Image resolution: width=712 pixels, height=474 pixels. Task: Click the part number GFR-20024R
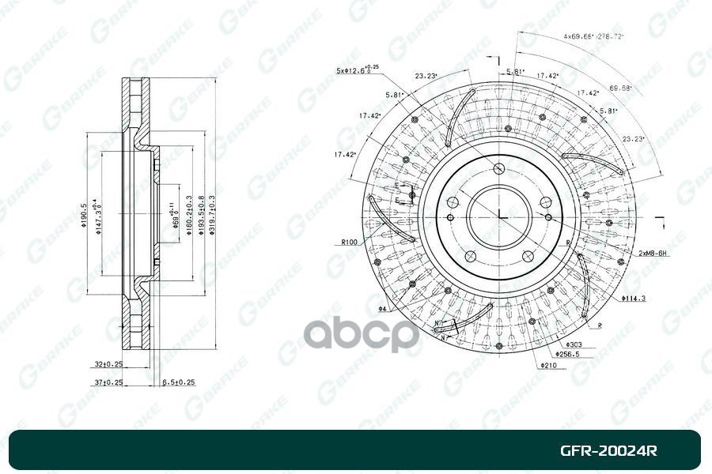click(x=608, y=452)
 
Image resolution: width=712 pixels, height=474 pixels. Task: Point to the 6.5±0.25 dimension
click(x=178, y=382)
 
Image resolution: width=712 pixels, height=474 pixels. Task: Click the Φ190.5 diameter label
click(x=84, y=213)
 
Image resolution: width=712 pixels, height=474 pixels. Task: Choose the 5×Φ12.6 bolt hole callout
click(x=357, y=70)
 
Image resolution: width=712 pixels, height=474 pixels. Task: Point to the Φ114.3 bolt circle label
click(x=634, y=299)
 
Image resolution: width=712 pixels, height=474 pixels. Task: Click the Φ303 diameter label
click(x=574, y=345)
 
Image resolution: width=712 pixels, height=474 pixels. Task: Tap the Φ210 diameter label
click(x=550, y=366)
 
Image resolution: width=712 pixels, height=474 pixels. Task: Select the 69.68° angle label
click(x=620, y=88)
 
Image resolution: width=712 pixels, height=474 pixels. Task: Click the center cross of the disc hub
click(x=498, y=212)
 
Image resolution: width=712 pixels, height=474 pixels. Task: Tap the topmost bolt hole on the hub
click(x=498, y=168)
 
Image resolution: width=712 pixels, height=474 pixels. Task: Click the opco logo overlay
click(x=362, y=333)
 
